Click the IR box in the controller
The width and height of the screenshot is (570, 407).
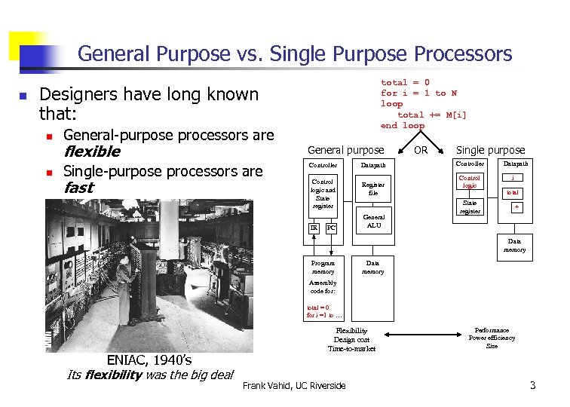pyautogui.click(x=314, y=227)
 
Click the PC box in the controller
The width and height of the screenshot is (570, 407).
pyautogui.click(x=330, y=227)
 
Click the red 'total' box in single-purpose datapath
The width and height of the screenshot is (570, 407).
pyautogui.click(x=513, y=192)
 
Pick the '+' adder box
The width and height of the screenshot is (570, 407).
pyautogui.click(x=516, y=206)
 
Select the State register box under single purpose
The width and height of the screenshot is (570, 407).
pyautogui.click(x=470, y=207)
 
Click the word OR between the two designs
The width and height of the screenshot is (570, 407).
pyautogui.click(x=421, y=150)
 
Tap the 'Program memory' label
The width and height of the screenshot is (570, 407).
pyautogui.click(x=323, y=267)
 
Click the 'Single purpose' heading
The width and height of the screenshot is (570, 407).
pyautogui.click(x=490, y=151)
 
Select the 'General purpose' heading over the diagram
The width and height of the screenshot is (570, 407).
pyautogui.click(x=345, y=151)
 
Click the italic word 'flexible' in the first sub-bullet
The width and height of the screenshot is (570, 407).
pyautogui.click(x=92, y=151)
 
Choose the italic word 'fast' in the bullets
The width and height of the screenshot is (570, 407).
pyautogui.click(x=79, y=188)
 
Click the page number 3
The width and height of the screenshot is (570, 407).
pyautogui.click(x=532, y=386)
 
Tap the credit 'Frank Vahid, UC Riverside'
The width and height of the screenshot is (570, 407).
pyautogui.click(x=294, y=386)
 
